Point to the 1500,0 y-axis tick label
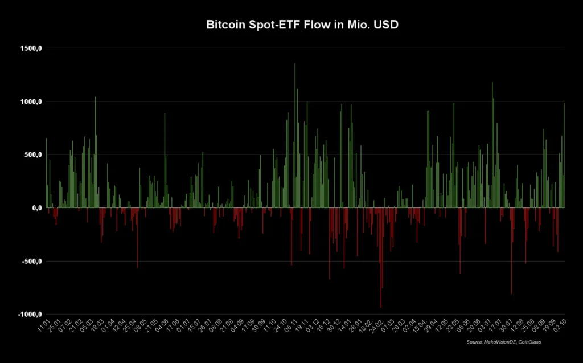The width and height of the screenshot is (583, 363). [32, 48]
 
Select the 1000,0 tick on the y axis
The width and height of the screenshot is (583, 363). [32, 101]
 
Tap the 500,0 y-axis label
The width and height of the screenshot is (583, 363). [33, 154]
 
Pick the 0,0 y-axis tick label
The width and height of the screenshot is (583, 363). [36, 208]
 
